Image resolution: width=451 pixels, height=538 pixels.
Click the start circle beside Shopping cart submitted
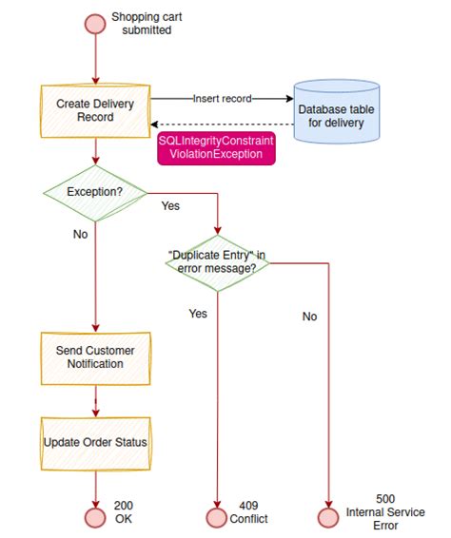(x=95, y=24)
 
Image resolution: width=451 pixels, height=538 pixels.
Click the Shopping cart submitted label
(x=142, y=24)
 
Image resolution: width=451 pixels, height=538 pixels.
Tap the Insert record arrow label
(x=222, y=98)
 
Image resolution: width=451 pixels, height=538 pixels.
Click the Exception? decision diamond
(x=95, y=192)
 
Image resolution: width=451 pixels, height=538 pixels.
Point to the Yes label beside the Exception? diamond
(x=171, y=205)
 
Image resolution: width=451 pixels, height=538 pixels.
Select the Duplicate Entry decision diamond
(x=218, y=263)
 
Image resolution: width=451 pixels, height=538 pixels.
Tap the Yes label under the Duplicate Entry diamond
(x=198, y=313)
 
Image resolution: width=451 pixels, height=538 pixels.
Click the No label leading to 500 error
(x=309, y=317)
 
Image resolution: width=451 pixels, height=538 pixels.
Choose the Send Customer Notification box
(x=94, y=357)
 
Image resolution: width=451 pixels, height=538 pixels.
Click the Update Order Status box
(x=94, y=442)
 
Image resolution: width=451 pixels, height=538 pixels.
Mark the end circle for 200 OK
(x=95, y=518)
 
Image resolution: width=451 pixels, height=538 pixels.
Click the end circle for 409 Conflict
(x=217, y=518)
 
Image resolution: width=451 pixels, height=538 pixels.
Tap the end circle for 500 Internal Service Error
(x=328, y=518)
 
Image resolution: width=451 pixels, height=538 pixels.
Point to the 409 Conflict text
(x=250, y=512)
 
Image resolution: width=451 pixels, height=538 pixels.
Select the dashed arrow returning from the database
(x=220, y=124)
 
